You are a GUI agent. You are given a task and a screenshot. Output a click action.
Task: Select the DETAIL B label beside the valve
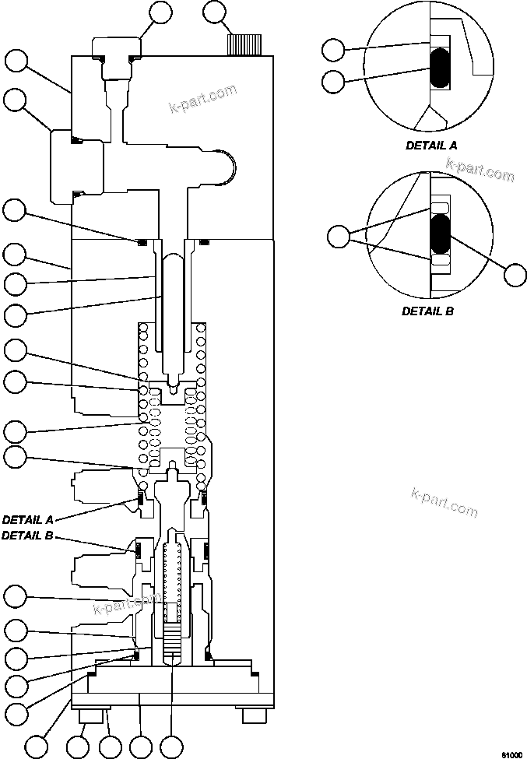coord(29,536)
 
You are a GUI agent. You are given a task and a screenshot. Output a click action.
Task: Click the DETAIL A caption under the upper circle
coord(431,145)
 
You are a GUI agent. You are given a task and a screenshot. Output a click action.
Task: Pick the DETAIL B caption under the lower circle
coord(427,311)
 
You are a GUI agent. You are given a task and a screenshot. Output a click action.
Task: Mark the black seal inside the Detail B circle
coord(441,237)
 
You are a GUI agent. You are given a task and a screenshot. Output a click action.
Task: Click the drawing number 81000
coord(510,754)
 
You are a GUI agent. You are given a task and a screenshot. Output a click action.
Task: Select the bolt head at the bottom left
coord(85,715)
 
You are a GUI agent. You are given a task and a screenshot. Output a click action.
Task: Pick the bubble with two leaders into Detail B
coord(339,236)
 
